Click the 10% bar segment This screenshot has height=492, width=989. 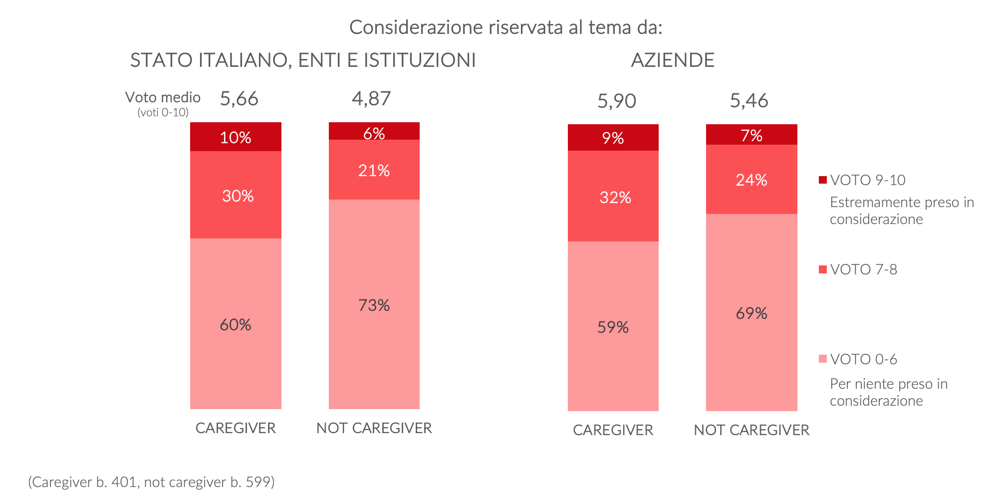point(236,137)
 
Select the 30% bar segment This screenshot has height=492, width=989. point(236,195)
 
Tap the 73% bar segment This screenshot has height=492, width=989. point(374,304)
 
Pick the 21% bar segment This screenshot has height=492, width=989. point(374,170)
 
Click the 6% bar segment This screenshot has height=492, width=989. point(374,131)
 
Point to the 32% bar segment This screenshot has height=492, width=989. point(613,196)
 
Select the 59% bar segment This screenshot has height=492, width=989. point(613,326)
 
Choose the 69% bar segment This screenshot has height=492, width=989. point(751,313)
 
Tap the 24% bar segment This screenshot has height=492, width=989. point(751,179)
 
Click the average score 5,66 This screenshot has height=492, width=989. point(239,99)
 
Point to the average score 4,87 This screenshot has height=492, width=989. point(371,99)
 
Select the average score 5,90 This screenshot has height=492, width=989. point(617,101)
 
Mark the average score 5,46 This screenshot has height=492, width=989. point(749,101)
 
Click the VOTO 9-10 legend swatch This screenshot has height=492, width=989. point(823,180)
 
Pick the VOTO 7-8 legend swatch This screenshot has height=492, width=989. point(823,269)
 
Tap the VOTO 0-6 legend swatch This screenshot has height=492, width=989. point(823,359)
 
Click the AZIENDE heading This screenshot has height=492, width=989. point(673,60)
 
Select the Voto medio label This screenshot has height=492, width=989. point(163,97)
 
